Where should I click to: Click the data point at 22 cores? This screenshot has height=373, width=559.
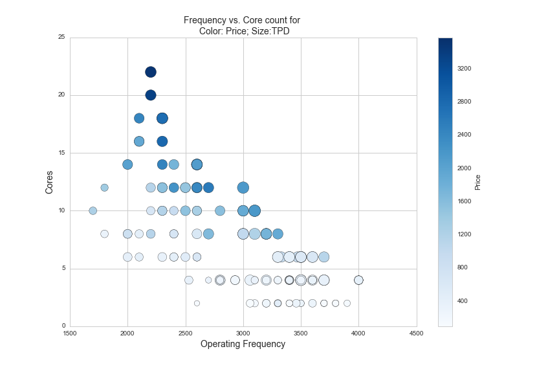tap(151, 72)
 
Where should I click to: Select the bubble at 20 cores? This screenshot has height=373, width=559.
tap(151, 95)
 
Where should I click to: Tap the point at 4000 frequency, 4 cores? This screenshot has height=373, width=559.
tap(358, 280)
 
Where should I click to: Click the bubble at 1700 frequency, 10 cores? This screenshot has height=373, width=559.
tap(93, 210)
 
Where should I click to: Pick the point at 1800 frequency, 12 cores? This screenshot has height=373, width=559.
tap(104, 188)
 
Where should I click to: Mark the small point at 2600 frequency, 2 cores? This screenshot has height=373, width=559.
tap(197, 303)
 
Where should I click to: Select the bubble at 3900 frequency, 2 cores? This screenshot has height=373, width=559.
tap(347, 303)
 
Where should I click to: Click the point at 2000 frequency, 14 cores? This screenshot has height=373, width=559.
tap(127, 164)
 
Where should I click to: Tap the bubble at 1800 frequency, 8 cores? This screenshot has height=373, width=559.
tap(104, 234)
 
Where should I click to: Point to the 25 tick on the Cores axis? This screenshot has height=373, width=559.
tap(61, 38)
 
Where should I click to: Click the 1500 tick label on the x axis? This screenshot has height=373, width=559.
tap(70, 333)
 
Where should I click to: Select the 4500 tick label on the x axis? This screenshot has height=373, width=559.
tap(416, 333)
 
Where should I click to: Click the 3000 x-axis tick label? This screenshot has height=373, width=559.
tap(243, 333)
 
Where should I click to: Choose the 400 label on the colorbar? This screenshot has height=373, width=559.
tap(462, 300)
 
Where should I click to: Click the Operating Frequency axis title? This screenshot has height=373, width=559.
tap(243, 344)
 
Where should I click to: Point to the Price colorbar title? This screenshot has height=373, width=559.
tap(478, 182)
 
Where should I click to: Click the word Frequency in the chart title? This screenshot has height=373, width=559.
tap(206, 20)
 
